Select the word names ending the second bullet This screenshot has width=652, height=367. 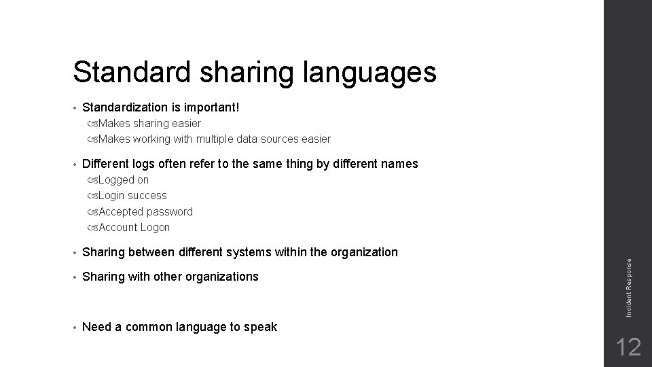tap(401, 164)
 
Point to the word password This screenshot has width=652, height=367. tap(170, 212)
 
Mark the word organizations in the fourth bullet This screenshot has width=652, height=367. tap(223, 277)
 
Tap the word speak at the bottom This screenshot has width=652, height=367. tap(261, 328)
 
